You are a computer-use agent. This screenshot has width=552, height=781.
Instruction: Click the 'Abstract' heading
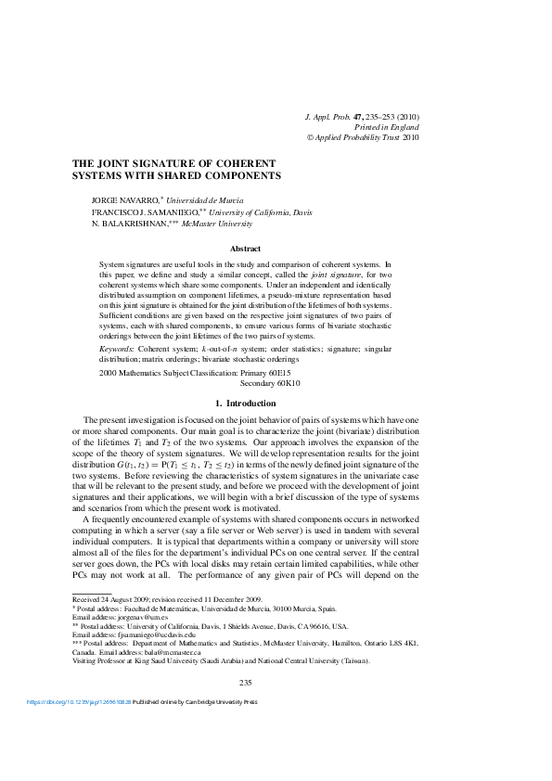pyautogui.click(x=245, y=249)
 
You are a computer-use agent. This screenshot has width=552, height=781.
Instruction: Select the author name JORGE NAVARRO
pyautogui.click(x=124, y=200)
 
